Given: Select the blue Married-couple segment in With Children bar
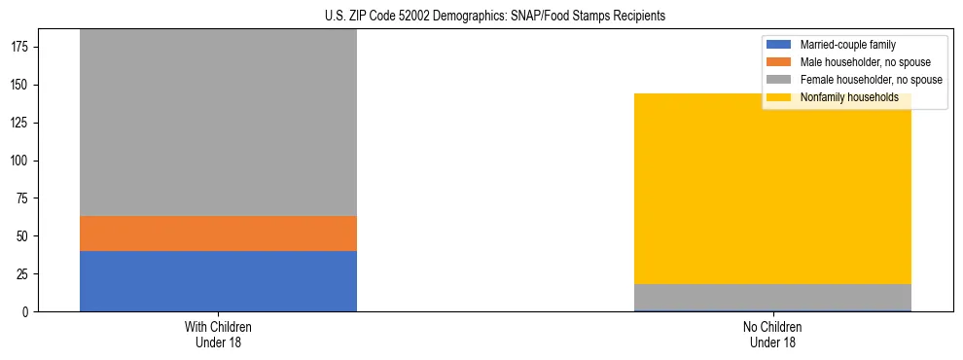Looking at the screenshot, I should (x=218, y=281).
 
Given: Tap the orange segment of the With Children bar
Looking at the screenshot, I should (x=218, y=234).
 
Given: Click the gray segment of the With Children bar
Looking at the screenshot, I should (x=218, y=123).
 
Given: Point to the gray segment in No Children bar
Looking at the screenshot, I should (x=772, y=297).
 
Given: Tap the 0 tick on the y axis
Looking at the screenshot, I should (x=26, y=312).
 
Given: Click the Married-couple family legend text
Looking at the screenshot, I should (x=847, y=45).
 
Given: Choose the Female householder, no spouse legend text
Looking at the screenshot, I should (x=871, y=80).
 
